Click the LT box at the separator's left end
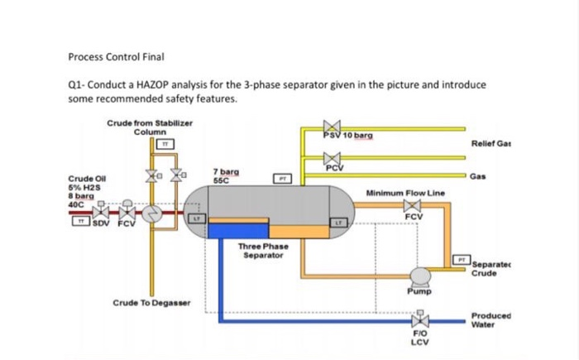[x=197, y=218]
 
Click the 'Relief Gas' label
[x=486, y=143]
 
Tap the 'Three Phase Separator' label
[x=261, y=252]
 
